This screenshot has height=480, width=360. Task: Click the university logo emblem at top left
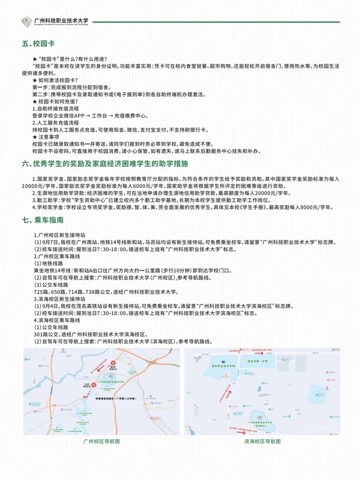(x=27, y=22)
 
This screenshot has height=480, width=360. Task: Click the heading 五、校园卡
(x=38, y=44)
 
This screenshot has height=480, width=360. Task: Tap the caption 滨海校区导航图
(x=262, y=442)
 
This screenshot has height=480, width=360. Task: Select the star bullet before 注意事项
(x=35, y=137)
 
